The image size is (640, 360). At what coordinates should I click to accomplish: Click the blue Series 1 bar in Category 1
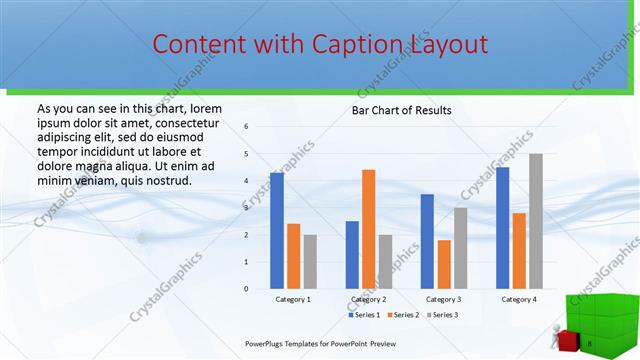[277, 231]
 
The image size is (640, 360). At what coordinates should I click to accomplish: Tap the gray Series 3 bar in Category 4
[535, 221]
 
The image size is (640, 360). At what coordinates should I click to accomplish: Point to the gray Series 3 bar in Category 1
[310, 262]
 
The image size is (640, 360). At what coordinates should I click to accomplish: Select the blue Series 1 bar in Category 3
[427, 241]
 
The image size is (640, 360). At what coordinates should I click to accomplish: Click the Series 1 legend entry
[364, 314]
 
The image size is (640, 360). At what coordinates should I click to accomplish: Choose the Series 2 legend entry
[404, 314]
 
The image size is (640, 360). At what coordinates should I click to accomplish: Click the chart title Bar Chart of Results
[401, 110]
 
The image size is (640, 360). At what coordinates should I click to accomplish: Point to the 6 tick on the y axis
[247, 127]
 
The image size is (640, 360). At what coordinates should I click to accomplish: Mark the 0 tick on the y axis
[247, 289]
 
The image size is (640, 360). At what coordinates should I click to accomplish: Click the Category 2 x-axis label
[368, 299]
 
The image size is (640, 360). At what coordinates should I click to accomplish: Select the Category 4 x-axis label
[518, 299]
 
